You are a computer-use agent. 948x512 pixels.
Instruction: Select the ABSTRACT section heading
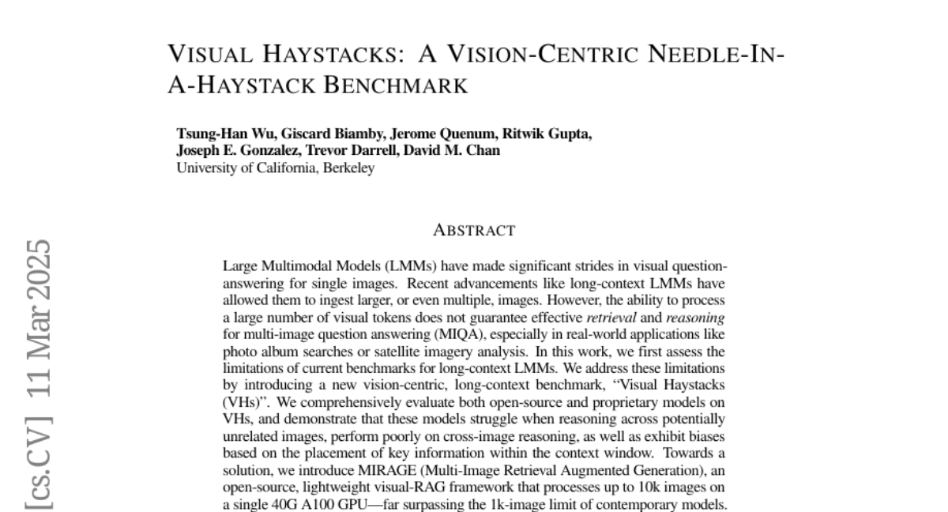pyautogui.click(x=474, y=231)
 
